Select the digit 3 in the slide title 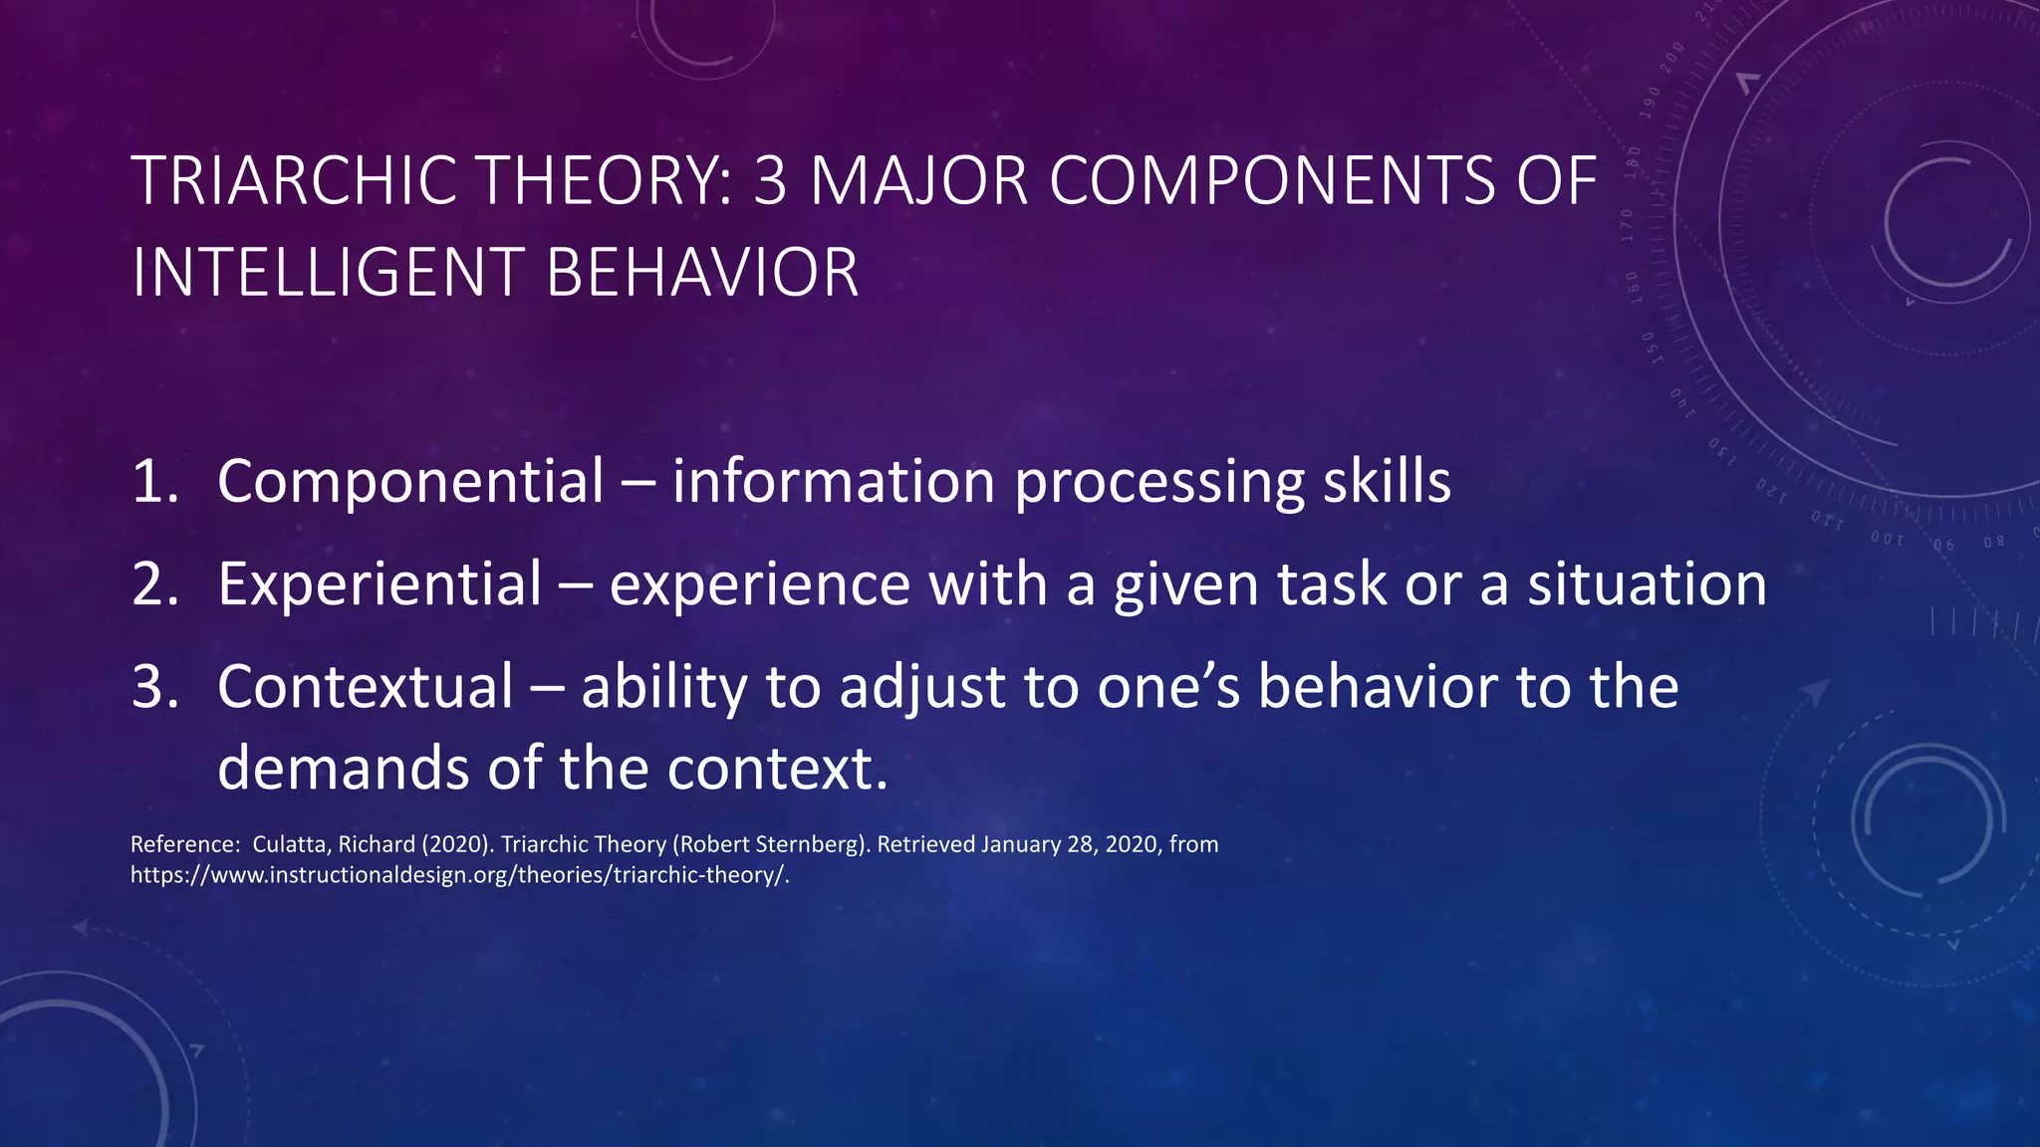coord(770,181)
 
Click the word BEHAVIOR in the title coord(702,273)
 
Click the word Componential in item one coord(410,482)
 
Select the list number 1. coord(151,482)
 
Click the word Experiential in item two coord(380,584)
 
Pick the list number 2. coord(151,584)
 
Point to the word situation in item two coord(1648,584)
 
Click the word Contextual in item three coord(366,687)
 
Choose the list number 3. coord(151,687)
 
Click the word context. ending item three coord(777,769)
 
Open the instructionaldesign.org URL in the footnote coord(459,875)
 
